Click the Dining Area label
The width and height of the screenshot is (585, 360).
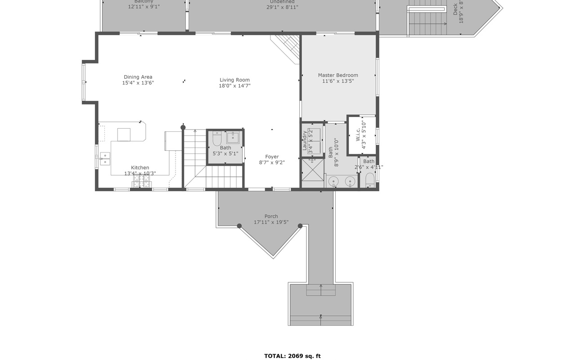click(x=138, y=77)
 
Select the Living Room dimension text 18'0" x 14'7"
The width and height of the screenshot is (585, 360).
click(x=234, y=86)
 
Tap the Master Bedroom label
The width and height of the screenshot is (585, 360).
click(x=338, y=75)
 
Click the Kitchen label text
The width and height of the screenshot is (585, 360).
click(x=140, y=167)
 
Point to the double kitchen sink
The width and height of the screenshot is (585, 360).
click(x=104, y=159)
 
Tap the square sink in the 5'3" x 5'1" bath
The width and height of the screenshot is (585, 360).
click(x=233, y=137)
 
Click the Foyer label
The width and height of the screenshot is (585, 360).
click(x=272, y=157)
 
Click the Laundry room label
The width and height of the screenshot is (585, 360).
click(x=305, y=140)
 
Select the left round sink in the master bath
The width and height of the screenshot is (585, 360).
click(x=333, y=181)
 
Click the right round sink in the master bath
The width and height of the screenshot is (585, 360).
click(x=350, y=181)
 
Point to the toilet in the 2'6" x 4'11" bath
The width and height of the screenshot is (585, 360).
click(x=369, y=180)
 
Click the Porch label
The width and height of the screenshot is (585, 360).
click(x=271, y=216)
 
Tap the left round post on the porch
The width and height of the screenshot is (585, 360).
click(x=239, y=226)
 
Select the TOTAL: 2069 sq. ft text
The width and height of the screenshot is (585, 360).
click(x=292, y=356)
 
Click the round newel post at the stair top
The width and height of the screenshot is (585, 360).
click(x=183, y=127)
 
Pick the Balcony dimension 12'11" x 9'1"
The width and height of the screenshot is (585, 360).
click(x=144, y=7)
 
